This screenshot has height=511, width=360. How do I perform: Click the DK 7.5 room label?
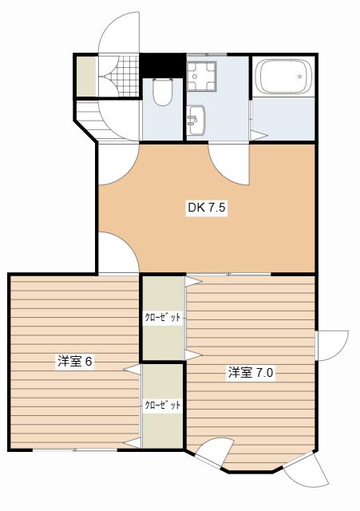207,208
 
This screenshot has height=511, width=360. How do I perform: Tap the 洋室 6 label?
75,361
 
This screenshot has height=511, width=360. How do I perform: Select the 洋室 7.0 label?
251,372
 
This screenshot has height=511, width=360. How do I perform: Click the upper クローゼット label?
163,318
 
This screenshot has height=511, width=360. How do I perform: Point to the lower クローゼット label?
163,405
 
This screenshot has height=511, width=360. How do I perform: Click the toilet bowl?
163,92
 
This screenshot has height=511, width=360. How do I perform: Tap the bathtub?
283,77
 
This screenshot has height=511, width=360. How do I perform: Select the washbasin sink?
196,120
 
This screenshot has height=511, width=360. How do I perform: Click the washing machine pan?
201,76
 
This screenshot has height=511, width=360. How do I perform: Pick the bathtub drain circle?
299,77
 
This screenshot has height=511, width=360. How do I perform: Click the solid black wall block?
163,65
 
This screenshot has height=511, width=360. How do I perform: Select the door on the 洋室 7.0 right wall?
332,346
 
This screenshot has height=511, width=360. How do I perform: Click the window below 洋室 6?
75,450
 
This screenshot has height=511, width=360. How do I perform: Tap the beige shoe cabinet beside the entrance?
87,76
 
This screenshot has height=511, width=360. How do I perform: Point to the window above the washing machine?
207,54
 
